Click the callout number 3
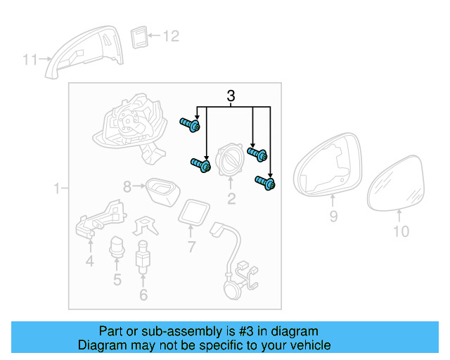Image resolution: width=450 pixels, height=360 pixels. tap(231, 96)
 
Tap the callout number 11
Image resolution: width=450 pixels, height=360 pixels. tap(30, 60)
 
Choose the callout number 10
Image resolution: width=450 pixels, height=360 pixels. tap(400, 231)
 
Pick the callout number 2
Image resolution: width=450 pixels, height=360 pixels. tap(231, 199)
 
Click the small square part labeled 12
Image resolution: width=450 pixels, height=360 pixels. tap(140, 37)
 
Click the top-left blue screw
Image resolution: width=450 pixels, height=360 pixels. tap(191, 125)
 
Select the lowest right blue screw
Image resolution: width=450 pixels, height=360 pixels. tap(266, 183)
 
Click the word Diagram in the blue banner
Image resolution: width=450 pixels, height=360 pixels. tap(102, 345)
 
